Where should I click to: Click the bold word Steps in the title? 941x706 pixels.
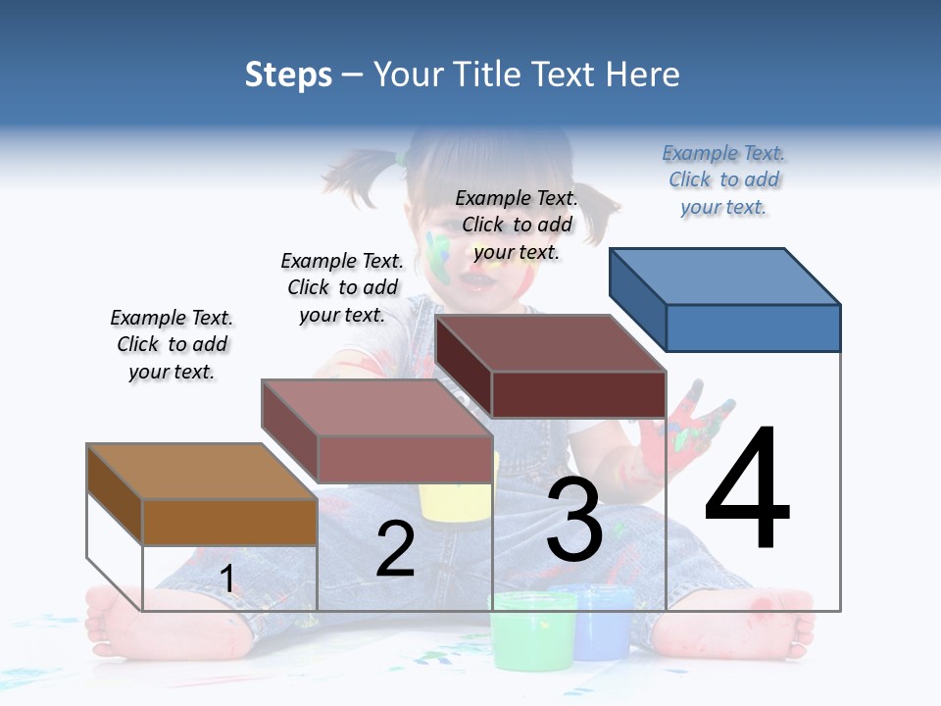288,75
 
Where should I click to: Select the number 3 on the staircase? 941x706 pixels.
574,520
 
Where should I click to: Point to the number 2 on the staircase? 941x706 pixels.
395,549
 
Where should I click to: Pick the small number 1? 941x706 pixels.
227,580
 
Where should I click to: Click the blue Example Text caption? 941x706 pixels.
723,180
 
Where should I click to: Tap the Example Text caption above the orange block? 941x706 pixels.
173,345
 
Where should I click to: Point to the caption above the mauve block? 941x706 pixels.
342,287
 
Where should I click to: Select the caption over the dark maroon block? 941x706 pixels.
517,225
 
